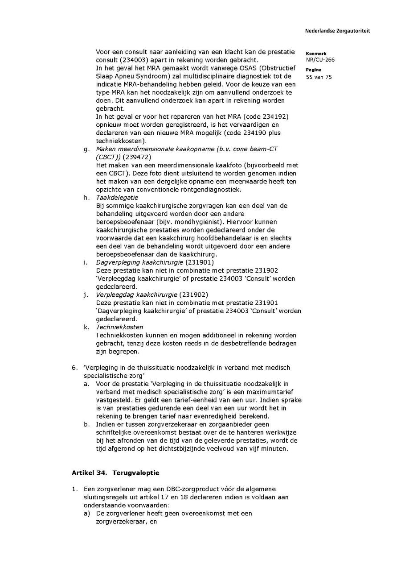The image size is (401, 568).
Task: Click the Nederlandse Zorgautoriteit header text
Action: click(337, 31)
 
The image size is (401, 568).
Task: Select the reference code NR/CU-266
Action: click(320, 59)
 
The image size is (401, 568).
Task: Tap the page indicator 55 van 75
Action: click(319, 77)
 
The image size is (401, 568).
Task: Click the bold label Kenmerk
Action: click(316, 54)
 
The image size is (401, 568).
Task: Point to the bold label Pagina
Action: click(314, 70)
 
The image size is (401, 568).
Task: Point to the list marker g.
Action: click(86, 149)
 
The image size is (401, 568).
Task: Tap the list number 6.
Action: click(74, 368)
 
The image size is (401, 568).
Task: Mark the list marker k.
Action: click(86, 327)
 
